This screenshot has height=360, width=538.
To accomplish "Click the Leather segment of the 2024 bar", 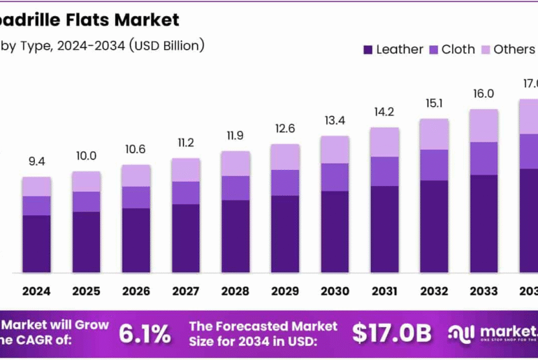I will tap(36, 244).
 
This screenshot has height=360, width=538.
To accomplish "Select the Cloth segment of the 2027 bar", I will tap(186, 193).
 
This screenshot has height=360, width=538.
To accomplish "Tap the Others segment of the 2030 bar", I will tap(335, 150).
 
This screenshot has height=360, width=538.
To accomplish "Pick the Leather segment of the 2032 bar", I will tap(434, 226).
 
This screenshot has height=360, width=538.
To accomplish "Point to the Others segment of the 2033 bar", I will tap(484, 126).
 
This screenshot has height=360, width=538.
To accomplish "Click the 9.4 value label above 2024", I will tap(36, 161).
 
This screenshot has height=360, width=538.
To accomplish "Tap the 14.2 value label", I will tap(384, 112).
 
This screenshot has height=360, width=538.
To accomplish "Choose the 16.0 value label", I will tap(484, 94).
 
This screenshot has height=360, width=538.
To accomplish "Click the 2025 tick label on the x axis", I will tap(86, 290).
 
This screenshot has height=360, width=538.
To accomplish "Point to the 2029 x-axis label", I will tap(285, 290).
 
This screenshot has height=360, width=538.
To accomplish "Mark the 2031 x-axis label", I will tap(384, 290).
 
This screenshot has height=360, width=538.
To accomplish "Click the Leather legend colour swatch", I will tap(368, 50).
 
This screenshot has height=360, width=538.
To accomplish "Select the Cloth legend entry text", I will tap(458, 50).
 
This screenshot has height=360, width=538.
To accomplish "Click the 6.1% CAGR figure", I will tap(145, 333).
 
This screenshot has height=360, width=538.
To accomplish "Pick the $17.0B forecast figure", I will tap(391, 333).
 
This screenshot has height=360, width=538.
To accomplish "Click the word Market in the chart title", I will tap(147, 20).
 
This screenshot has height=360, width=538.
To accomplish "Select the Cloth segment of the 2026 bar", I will tap(136, 197).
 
